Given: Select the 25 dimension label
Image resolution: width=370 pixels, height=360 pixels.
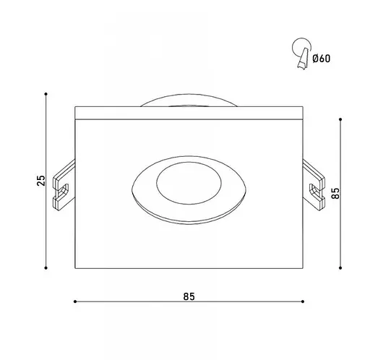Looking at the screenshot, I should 42,181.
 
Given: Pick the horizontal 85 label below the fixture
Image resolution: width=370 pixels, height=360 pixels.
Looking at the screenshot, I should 189,296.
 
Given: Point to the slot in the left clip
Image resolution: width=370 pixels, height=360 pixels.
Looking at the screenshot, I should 64,190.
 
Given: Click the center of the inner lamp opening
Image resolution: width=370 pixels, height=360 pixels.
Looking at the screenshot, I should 189,182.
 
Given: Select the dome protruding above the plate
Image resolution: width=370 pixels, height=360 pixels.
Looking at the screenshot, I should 189,101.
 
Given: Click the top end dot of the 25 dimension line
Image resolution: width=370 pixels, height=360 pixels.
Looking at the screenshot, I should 46,94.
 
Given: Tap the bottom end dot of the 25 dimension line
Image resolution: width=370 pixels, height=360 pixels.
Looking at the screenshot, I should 46,267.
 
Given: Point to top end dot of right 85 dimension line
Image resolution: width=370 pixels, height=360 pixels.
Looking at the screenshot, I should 340,118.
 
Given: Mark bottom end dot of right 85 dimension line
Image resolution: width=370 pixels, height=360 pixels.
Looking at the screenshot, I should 340,267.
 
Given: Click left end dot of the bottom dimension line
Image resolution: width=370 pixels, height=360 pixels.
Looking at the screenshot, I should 76,301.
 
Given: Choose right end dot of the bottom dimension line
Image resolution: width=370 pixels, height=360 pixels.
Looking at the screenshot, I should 301,301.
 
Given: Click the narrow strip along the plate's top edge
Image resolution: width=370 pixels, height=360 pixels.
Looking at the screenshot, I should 189,113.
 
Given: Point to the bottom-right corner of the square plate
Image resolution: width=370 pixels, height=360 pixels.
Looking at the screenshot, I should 301,267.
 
